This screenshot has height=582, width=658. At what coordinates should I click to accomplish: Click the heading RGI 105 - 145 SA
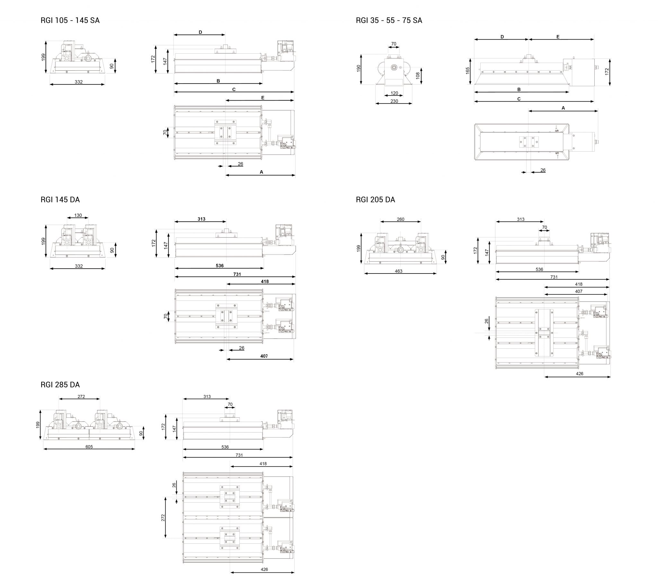[70, 20]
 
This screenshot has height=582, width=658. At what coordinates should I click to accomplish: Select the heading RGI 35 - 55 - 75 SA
[388, 20]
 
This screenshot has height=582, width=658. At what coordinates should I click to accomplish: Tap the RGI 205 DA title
[375, 200]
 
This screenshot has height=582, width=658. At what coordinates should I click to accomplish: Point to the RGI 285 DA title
[60, 385]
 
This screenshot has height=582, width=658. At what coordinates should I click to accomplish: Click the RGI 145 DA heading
[60, 200]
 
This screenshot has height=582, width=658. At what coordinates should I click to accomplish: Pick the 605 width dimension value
[89, 447]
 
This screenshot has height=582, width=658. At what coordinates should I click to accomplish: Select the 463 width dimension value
[398, 271]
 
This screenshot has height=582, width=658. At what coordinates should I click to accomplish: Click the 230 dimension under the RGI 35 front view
[394, 101]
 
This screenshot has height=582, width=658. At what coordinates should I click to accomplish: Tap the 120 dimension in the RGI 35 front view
[394, 93]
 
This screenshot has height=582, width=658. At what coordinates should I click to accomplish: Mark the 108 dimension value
[418, 76]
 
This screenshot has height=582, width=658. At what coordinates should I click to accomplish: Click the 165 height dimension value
[467, 71]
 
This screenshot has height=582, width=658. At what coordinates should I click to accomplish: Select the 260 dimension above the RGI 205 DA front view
[400, 219]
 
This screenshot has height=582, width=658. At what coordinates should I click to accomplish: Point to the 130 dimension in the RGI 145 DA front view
[78, 215]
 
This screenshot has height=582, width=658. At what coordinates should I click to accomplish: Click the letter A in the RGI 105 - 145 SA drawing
[261, 172]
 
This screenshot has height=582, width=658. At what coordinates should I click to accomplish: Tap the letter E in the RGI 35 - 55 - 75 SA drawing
[557, 37]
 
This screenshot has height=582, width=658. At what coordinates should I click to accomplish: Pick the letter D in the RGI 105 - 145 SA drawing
[200, 32]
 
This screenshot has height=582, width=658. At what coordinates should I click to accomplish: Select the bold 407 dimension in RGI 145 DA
[264, 356]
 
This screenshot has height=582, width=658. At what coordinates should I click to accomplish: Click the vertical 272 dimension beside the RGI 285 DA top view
[163, 518]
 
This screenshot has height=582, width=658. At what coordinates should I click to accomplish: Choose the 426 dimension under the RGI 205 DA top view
[579, 374]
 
